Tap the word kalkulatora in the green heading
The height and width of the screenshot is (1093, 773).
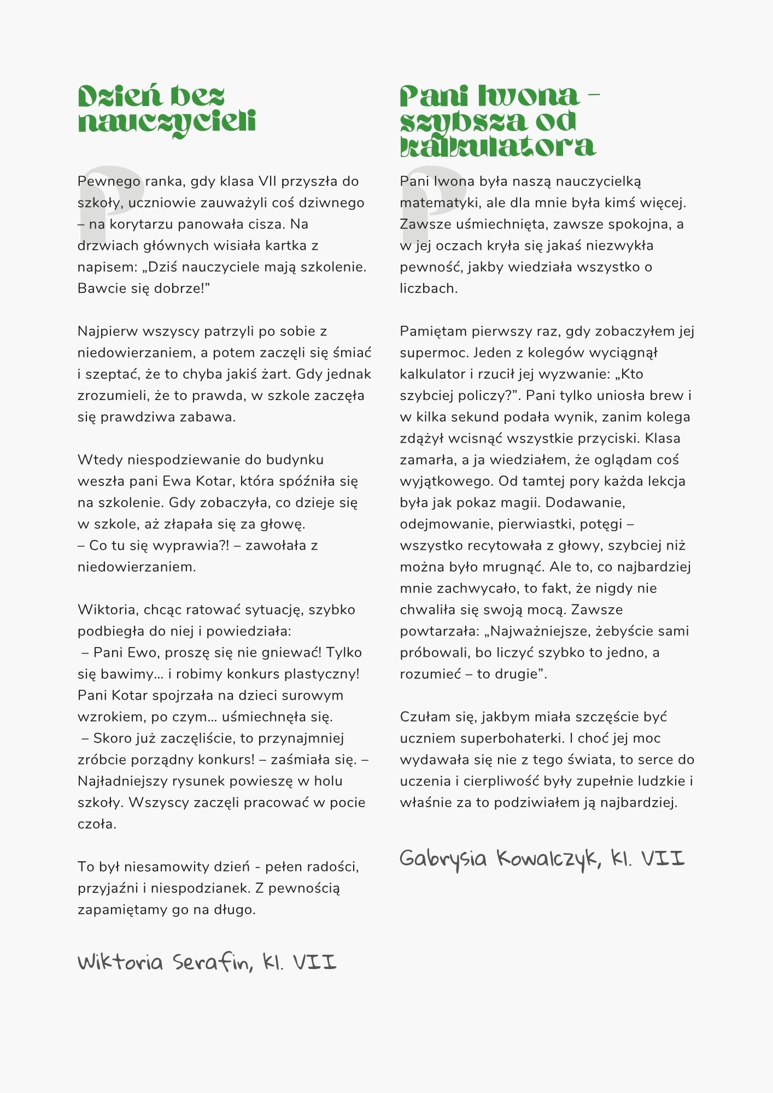point(497,146)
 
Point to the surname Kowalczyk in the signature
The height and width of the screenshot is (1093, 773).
point(549,859)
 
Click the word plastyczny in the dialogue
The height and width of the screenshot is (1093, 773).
point(323,674)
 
